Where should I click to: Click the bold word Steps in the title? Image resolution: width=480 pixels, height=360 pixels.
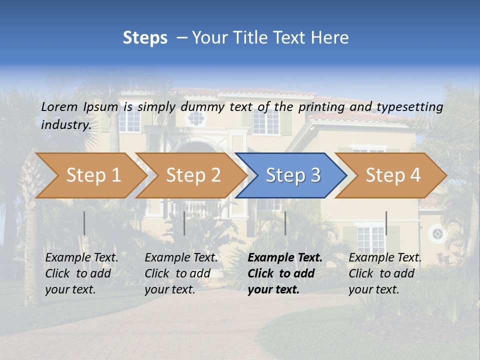(145, 37)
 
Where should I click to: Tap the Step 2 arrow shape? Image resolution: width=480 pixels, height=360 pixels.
(190, 175)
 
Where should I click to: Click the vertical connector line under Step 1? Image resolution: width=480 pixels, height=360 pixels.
(84, 223)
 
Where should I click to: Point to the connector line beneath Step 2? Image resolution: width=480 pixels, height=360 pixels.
(184, 223)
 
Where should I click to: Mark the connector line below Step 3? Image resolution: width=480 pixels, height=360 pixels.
(285, 223)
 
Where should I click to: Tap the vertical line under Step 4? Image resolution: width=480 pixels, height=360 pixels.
(386, 223)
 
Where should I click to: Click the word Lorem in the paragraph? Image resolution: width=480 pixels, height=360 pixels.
(59, 106)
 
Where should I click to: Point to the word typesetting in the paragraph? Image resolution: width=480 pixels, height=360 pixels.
(409, 107)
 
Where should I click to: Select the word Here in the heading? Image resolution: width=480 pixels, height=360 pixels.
(329, 37)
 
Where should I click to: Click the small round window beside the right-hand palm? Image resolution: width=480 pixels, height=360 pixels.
(437, 233)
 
